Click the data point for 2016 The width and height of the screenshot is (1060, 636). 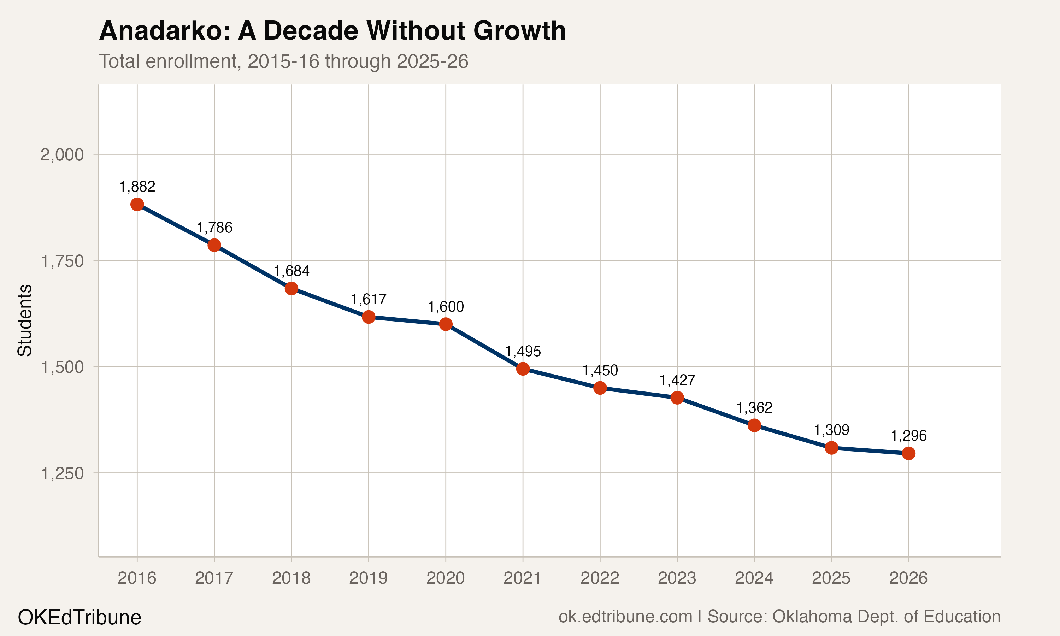pyautogui.click(x=137, y=205)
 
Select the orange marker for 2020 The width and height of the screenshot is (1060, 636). pyautogui.click(x=446, y=324)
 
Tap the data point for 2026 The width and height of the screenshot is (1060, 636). pyautogui.click(x=908, y=453)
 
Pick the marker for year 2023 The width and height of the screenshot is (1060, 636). pyautogui.click(x=677, y=398)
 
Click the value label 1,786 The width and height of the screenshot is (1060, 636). pyautogui.click(x=214, y=228)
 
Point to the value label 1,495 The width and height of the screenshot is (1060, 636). pyautogui.click(x=523, y=352)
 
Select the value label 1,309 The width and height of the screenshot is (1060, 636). pyautogui.click(x=831, y=430)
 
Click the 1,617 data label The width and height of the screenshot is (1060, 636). pyautogui.click(x=369, y=299)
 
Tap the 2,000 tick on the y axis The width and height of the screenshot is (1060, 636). pyautogui.click(x=62, y=155)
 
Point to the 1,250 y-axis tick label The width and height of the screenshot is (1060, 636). pyautogui.click(x=62, y=473)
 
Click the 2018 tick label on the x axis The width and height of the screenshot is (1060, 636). pyautogui.click(x=291, y=578)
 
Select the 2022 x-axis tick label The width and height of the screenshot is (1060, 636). pyautogui.click(x=600, y=578)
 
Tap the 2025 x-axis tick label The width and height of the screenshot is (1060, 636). pyautogui.click(x=831, y=578)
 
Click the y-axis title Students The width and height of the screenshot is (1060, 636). pyautogui.click(x=25, y=320)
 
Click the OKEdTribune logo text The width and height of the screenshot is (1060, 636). pyautogui.click(x=79, y=618)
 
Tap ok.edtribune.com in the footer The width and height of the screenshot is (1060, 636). pyautogui.click(x=625, y=617)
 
